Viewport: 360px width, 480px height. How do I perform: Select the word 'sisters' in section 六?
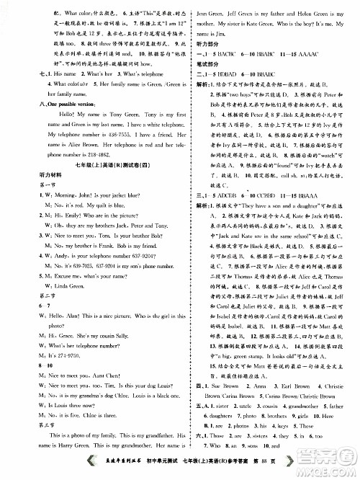coord(261,436)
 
